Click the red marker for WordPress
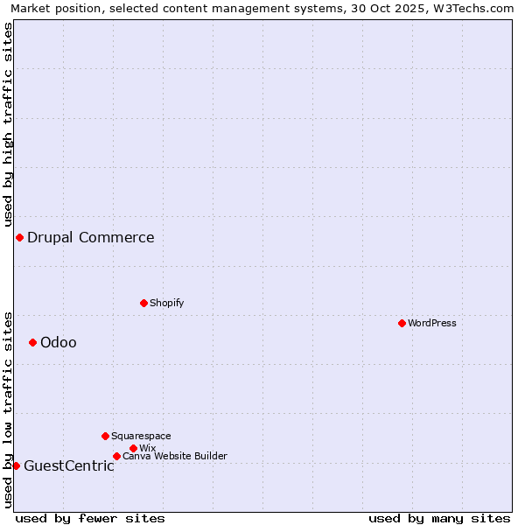pyautogui.click(x=402, y=323)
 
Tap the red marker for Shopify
pyautogui.click(x=143, y=303)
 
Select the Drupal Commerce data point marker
pyautogui.click(x=19, y=237)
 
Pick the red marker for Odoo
pyautogui.click(x=32, y=342)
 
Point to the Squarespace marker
pyautogui.click(x=105, y=436)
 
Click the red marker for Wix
pyautogui.click(x=133, y=448)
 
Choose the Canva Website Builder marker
pyautogui.click(x=116, y=456)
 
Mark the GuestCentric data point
pyautogui.click(x=16, y=465)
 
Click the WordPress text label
pyautogui.click(x=432, y=323)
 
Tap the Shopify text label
pyautogui.click(x=166, y=303)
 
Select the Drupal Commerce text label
pyautogui.click(x=91, y=237)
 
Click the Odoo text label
pyautogui.click(x=59, y=342)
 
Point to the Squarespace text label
pyautogui.click(x=141, y=436)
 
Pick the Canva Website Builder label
pyautogui.click(x=175, y=456)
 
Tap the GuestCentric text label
pyautogui.click(x=69, y=465)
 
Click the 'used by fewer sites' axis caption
pyautogui.click(x=90, y=518)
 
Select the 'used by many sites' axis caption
pyautogui.click(x=439, y=518)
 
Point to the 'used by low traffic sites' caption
pyautogui.click(x=8, y=409)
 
